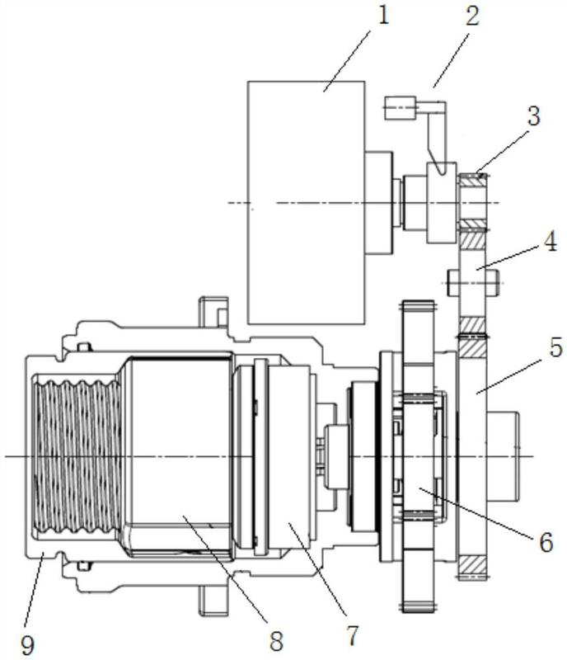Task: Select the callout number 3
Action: pos(535,116)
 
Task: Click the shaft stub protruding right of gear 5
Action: pos(504,455)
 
